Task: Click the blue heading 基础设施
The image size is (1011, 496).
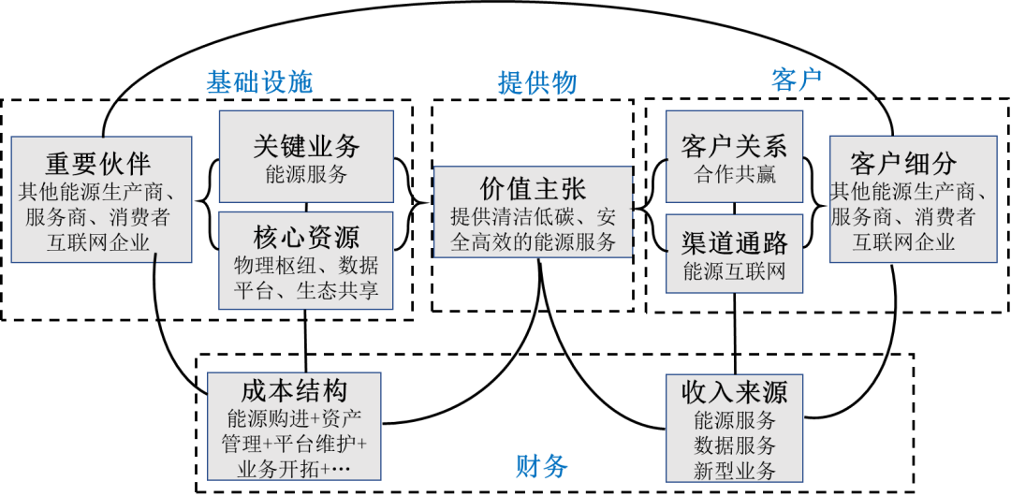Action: pos(259,83)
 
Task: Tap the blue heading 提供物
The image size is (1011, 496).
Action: pos(537,83)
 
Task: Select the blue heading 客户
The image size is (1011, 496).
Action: pos(797,80)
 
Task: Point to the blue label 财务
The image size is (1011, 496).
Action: pos(541,465)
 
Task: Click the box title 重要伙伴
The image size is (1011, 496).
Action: pos(98,164)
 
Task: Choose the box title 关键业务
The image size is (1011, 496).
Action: pos(306,146)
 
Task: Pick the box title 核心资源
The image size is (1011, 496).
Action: pos(306,236)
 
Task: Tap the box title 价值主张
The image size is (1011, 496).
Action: pos(533,189)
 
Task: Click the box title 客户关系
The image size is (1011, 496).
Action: pos(734,146)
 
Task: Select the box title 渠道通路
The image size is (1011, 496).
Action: pos(734,243)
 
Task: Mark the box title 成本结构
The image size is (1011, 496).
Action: pos(294,390)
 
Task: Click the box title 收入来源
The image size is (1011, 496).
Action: pos(734,391)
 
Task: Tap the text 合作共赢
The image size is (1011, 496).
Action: pos(734,175)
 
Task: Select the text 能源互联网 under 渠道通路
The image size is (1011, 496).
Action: pos(734,272)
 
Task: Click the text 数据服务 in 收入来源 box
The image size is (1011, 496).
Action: pos(734,445)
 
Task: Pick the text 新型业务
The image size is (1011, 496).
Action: pos(734,471)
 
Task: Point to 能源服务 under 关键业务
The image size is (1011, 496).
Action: pos(306,175)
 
